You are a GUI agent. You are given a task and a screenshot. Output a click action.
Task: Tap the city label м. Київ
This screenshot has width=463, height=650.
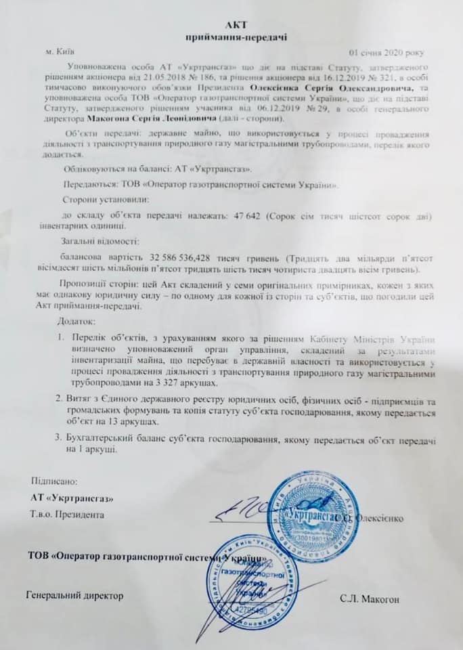pyautogui.click(x=62, y=51)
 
